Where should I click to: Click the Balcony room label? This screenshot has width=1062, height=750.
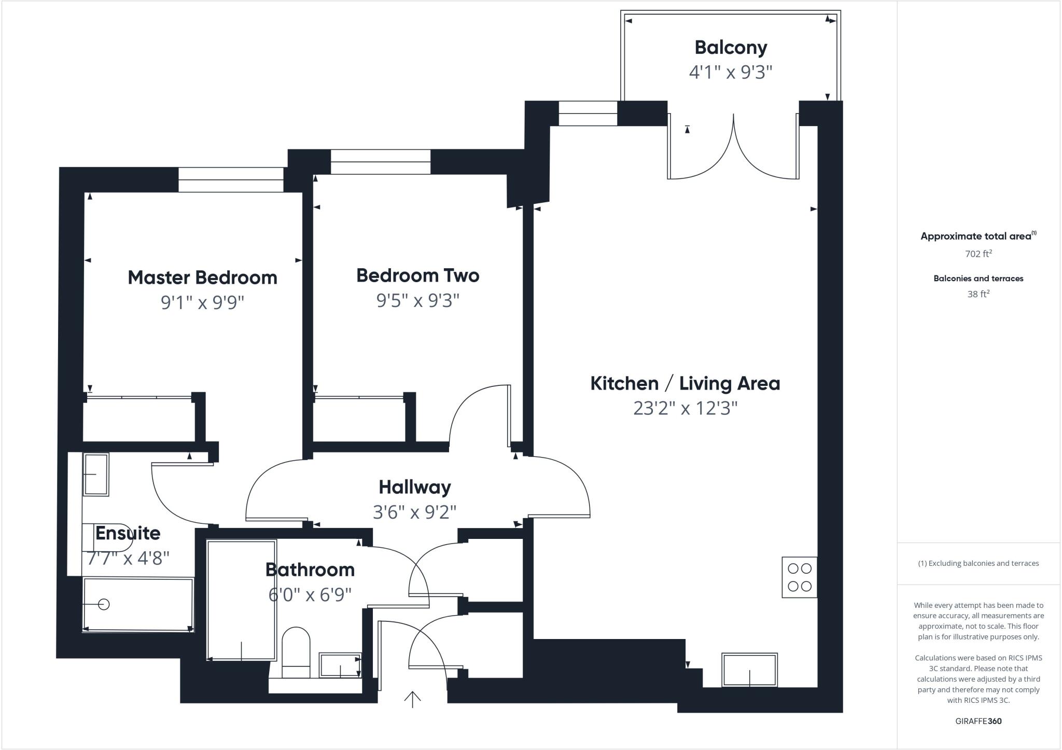731,48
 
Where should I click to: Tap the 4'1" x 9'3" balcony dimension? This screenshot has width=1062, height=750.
731,72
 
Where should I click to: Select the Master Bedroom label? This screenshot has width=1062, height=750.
202,277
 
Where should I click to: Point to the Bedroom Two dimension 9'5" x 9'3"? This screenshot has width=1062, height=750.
418,300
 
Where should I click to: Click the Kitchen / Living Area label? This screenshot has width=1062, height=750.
685,384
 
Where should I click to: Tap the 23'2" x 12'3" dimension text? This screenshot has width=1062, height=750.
685,409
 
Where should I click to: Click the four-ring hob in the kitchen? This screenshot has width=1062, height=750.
799,577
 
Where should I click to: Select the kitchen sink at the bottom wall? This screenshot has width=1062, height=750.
749,670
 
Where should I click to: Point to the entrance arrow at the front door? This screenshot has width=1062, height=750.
412,699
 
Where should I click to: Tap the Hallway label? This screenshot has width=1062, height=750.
415,488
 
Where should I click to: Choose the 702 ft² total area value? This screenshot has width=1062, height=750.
978,254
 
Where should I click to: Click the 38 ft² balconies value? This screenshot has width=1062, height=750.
978,294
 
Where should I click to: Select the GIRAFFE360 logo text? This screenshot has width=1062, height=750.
978,721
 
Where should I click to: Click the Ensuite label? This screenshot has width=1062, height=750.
128,533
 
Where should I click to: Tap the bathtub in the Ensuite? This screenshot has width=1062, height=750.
138,605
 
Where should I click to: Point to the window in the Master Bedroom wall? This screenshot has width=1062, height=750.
231,180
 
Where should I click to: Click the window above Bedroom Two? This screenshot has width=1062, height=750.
381,162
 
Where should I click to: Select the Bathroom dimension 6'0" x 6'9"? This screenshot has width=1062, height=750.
310,594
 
